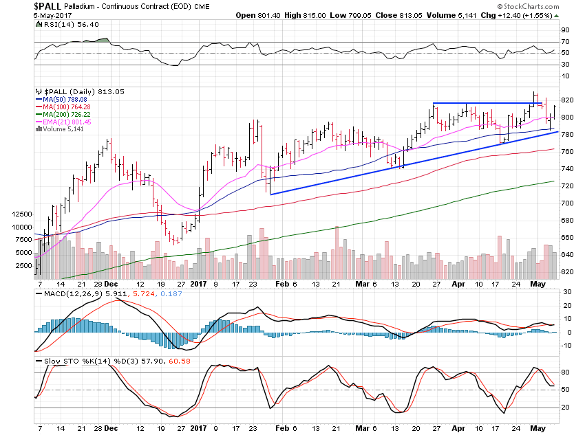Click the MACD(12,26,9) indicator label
pyautogui.click(x=63, y=293)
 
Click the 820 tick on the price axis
pyautogui.click(x=566, y=100)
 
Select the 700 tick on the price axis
pyautogui.click(x=566, y=203)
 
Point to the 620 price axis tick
pyautogui.click(x=566, y=272)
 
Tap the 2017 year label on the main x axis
pyautogui.click(x=198, y=282)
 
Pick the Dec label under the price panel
pyautogui.click(x=111, y=282)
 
